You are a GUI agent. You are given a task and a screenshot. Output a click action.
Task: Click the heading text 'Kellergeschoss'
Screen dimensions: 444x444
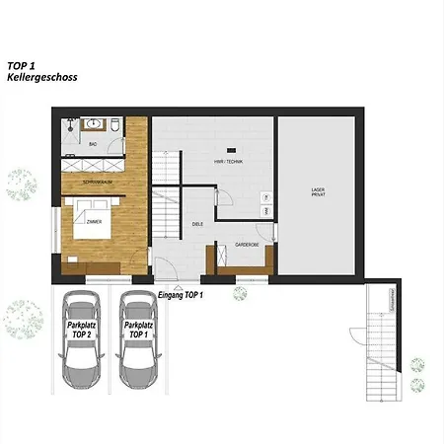pos(41,77)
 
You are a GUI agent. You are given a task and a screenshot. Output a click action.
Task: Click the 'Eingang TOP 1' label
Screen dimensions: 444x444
pos(180,294)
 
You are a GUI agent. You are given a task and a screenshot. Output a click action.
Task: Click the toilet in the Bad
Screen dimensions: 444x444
pos(115,125)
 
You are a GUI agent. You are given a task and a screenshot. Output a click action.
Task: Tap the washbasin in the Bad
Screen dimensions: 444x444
pos(95,124)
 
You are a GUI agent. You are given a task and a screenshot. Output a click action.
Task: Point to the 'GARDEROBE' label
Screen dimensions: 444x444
pos(247,243)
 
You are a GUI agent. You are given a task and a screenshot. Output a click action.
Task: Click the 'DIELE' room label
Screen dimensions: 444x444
pos(196,224)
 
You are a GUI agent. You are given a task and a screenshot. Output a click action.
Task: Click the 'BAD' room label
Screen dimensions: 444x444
pos(94,144)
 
